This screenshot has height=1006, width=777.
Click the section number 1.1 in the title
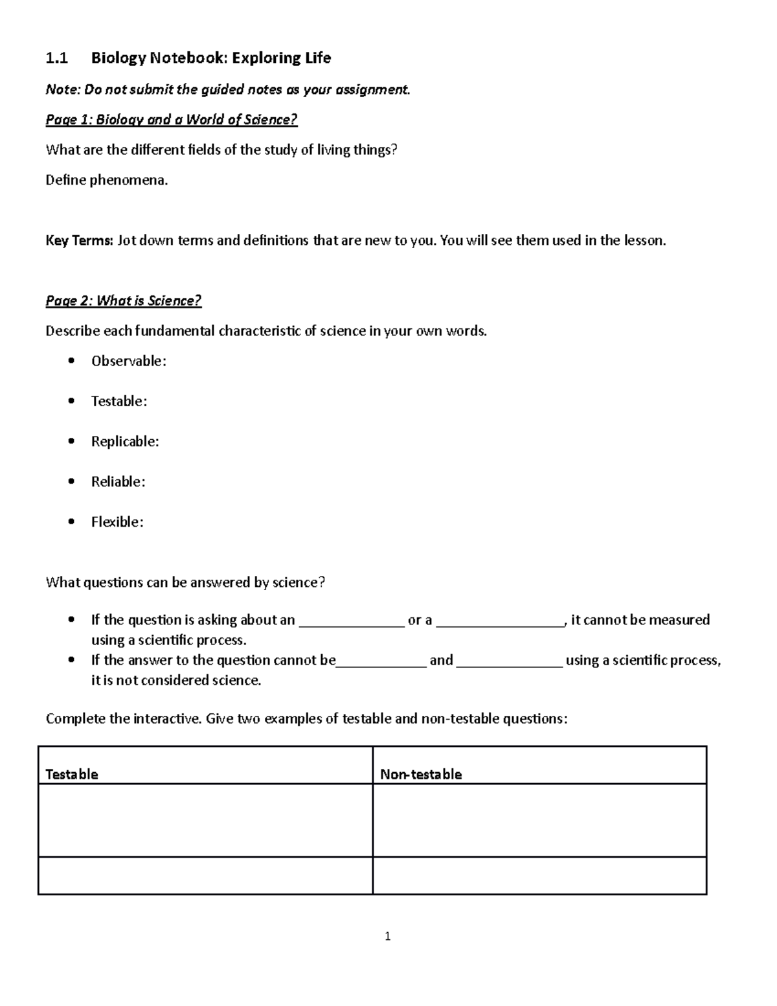coord(56,58)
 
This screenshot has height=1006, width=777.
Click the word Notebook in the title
coord(188,58)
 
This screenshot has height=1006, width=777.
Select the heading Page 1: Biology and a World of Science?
coord(172,120)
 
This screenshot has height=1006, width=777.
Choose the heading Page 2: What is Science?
coord(124,301)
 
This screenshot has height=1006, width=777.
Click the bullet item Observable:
coord(128,361)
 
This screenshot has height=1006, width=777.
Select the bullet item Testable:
coord(118,402)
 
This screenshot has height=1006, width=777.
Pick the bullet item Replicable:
coord(125,442)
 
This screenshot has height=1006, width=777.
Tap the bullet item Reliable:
coord(118,482)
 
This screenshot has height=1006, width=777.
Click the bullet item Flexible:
coord(117,522)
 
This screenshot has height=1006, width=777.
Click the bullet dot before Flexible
coord(71,522)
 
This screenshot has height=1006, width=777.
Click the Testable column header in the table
coord(72,774)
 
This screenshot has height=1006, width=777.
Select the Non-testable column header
coord(421,774)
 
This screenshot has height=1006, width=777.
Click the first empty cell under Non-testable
coord(539,820)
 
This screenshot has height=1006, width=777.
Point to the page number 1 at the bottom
coord(387,936)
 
